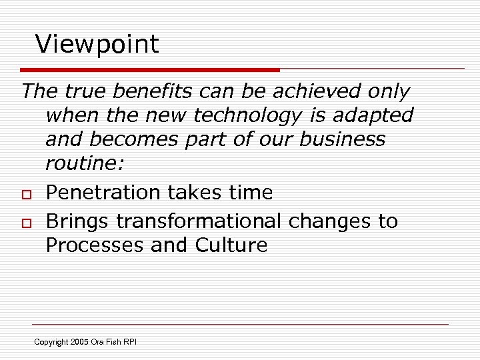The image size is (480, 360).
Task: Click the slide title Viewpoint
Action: pos(97,45)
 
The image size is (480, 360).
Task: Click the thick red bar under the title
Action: pos(150,69)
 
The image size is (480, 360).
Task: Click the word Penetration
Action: pos(101,193)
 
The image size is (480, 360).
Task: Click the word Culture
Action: pos(231,245)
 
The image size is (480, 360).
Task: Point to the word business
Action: pos(344,139)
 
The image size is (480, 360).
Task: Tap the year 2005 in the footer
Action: pos(80,342)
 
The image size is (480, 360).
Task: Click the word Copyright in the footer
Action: pos(51,342)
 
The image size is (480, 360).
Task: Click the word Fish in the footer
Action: pos(113,342)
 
